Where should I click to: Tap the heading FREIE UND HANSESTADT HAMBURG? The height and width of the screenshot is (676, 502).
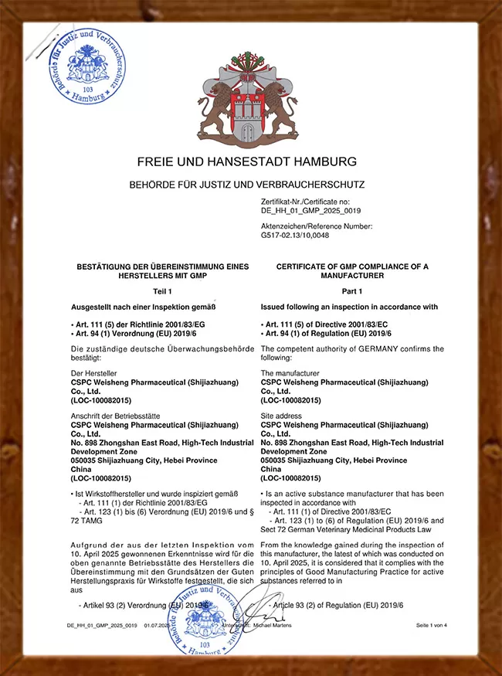247,162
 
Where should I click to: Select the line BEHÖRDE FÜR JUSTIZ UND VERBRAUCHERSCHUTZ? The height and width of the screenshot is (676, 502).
247,185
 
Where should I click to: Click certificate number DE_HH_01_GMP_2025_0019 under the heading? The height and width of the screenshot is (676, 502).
311,210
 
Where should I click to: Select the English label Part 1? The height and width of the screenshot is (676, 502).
352,292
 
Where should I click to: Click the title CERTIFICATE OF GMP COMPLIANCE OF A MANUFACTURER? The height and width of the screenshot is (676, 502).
352,270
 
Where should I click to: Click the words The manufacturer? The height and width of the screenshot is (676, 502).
290,373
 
